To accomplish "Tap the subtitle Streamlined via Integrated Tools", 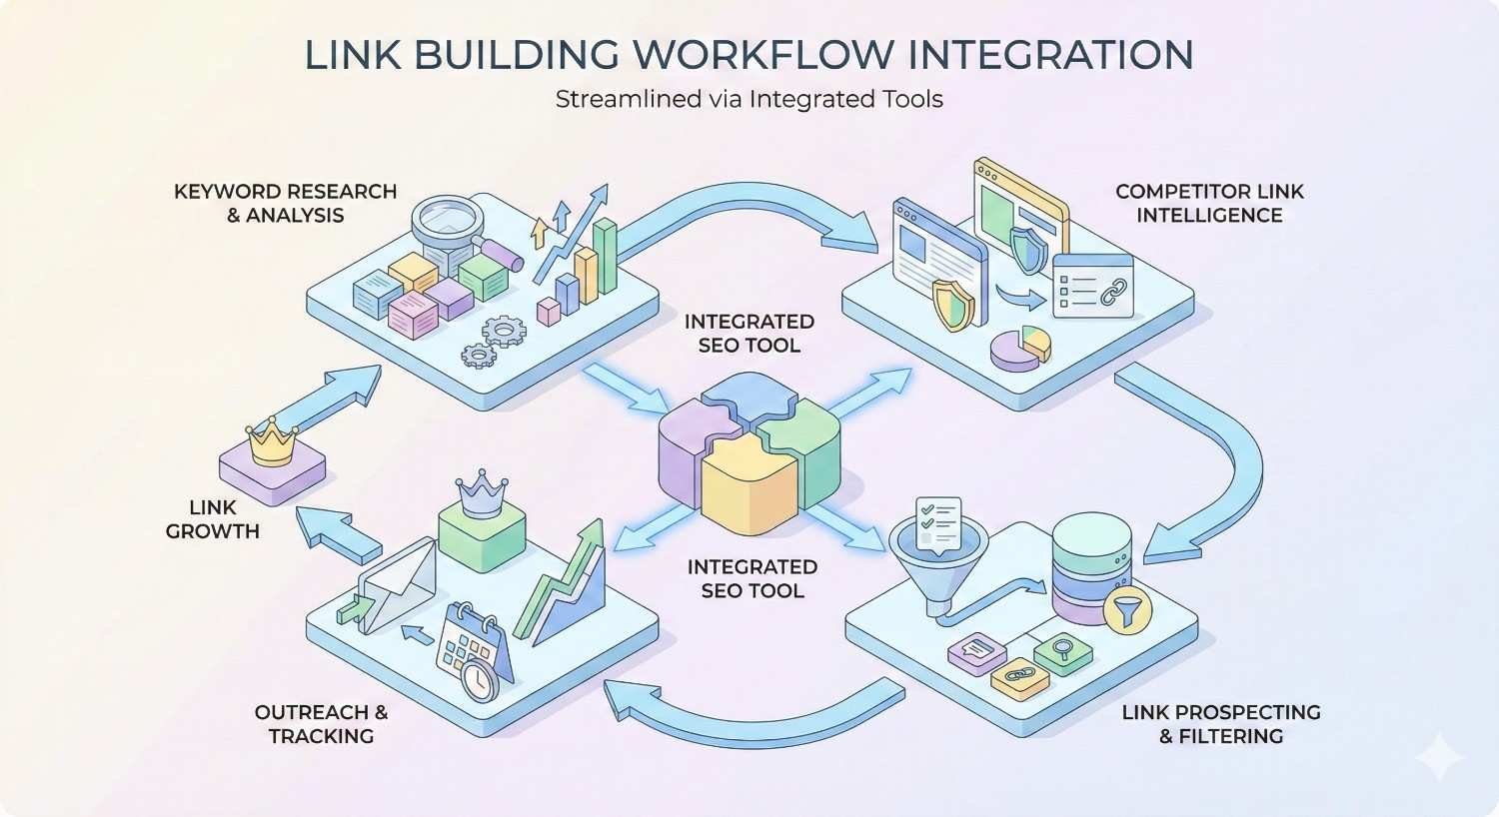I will tap(749, 99).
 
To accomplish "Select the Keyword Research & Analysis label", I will tap(285, 203).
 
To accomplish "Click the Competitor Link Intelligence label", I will tap(1209, 203).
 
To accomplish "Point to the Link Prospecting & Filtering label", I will tap(1220, 724).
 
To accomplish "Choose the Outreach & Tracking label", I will tap(321, 724).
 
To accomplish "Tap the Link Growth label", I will tap(212, 519).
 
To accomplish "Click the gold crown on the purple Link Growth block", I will tap(272, 442).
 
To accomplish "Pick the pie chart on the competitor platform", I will tap(1020, 346).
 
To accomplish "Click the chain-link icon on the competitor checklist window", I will tap(1111, 294).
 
